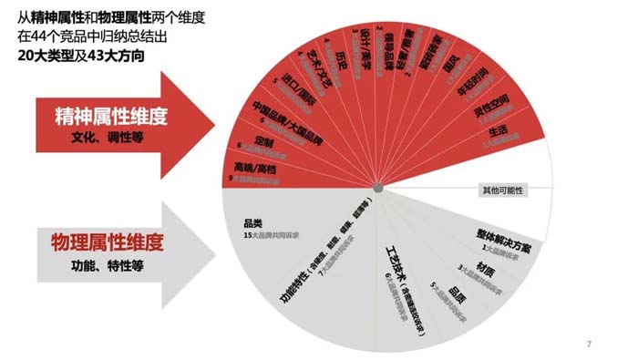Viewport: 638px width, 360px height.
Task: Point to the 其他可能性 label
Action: coord(503,190)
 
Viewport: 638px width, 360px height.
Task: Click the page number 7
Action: coord(589,345)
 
